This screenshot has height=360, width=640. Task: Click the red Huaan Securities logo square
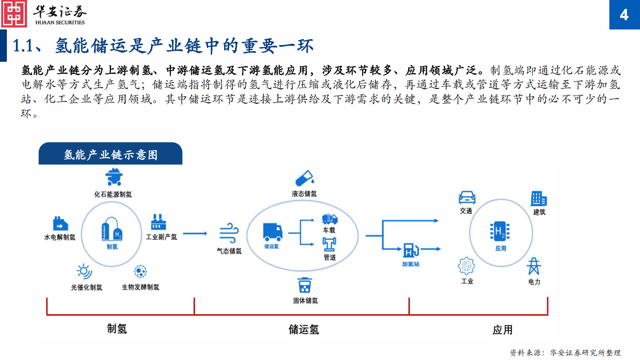point(14,14)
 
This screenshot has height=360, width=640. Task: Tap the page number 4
point(624,15)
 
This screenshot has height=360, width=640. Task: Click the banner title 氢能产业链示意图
point(110,155)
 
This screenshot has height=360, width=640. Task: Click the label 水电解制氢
point(60,237)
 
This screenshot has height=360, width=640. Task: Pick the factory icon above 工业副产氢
point(158,222)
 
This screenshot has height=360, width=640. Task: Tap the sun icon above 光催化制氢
point(84,272)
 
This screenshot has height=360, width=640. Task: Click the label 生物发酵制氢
point(140,287)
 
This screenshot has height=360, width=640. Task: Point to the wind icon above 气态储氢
point(229,233)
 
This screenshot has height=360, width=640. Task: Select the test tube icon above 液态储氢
point(304,178)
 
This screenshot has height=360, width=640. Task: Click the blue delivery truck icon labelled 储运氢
point(273,232)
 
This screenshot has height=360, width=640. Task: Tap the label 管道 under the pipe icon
point(329,257)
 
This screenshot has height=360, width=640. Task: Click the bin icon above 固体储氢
point(304,285)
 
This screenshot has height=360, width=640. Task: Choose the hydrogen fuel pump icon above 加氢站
point(411,250)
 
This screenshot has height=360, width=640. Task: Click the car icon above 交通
point(467,197)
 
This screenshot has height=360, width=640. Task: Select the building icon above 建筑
point(539,199)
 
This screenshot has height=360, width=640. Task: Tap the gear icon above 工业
point(467,266)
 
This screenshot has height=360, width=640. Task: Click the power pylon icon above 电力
point(534,266)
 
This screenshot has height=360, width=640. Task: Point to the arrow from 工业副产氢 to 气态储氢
point(195,233)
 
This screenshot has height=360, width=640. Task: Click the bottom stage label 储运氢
point(304,330)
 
